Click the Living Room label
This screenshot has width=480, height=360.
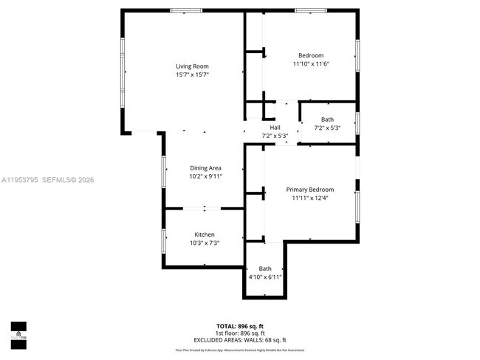pyautogui.click(x=191, y=66)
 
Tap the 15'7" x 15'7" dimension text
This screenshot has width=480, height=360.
pyautogui.click(x=191, y=75)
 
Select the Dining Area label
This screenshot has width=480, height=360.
pyautogui.click(x=205, y=168)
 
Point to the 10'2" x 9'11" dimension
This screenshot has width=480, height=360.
pyautogui.click(x=205, y=177)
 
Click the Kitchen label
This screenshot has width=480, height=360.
pyautogui.click(x=205, y=235)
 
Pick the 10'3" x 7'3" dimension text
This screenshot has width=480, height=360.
pyautogui.click(x=205, y=243)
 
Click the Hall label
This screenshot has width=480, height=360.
pyautogui.click(x=275, y=128)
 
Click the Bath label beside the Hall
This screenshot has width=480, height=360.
pyautogui.click(x=327, y=120)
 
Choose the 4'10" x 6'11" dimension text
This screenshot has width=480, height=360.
pyautogui.click(x=264, y=277)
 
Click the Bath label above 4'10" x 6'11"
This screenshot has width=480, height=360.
pyautogui.click(x=264, y=269)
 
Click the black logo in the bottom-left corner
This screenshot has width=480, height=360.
pyautogui.click(x=18, y=333)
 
